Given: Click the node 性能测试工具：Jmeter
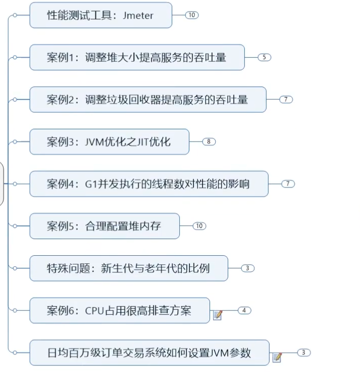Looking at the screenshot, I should pyautogui.click(x=100, y=15).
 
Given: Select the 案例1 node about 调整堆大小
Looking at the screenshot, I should pyautogui.click(x=137, y=57).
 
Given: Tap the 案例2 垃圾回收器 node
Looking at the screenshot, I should pyautogui.click(x=147, y=99).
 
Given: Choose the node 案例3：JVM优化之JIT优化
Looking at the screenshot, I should pyautogui.click(x=109, y=142).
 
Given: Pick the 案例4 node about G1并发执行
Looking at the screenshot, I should pyautogui.click(x=148, y=183).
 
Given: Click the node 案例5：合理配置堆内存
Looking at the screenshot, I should pyautogui.click(x=104, y=226).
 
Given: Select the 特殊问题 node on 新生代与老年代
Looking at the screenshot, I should pyautogui.click(x=128, y=268).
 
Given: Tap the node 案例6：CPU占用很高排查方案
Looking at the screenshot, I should pyautogui.click(x=119, y=310).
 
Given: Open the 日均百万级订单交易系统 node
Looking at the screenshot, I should pyautogui.click(x=149, y=352).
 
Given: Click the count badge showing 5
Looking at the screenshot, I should pyautogui.click(x=264, y=57).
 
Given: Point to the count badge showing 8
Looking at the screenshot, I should pyautogui.click(x=209, y=142).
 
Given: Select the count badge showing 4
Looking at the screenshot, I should pyautogui.click(x=244, y=310).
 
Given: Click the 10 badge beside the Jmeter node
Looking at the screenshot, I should pyautogui.click(x=191, y=15).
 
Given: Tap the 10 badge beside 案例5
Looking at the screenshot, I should pyautogui.click(x=199, y=226).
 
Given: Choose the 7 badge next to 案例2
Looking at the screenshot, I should pyautogui.click(x=286, y=99).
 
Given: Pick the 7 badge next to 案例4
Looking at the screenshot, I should pyautogui.click(x=288, y=183).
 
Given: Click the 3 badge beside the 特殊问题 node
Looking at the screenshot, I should pyautogui.click(x=247, y=268).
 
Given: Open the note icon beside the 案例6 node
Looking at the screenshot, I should pyautogui.click(x=218, y=315).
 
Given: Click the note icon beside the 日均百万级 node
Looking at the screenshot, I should pyautogui.click(x=277, y=357).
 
